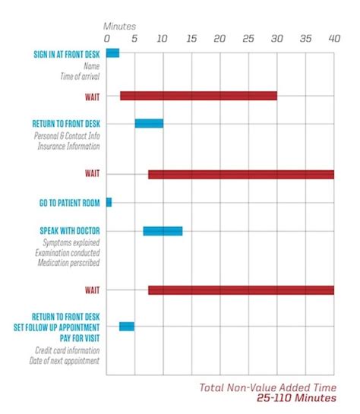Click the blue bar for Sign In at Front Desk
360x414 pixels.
click(112, 52)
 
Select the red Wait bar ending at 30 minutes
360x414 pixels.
click(198, 96)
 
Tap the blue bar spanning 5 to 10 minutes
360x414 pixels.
click(149, 123)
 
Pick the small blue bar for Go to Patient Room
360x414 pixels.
click(109, 202)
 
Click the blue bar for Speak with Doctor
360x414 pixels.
click(163, 231)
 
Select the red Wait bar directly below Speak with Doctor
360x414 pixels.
click(241, 289)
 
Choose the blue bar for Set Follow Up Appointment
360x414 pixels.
click(127, 326)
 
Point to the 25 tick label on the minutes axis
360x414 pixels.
click(248, 38)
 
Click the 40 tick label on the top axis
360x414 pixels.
click(333, 38)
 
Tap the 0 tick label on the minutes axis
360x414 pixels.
click(107, 38)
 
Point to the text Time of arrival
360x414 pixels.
click(80, 76)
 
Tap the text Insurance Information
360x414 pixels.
click(68, 145)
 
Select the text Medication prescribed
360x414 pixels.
click(68, 262)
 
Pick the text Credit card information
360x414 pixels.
click(68, 350)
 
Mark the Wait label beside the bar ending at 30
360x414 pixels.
click(93, 96)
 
